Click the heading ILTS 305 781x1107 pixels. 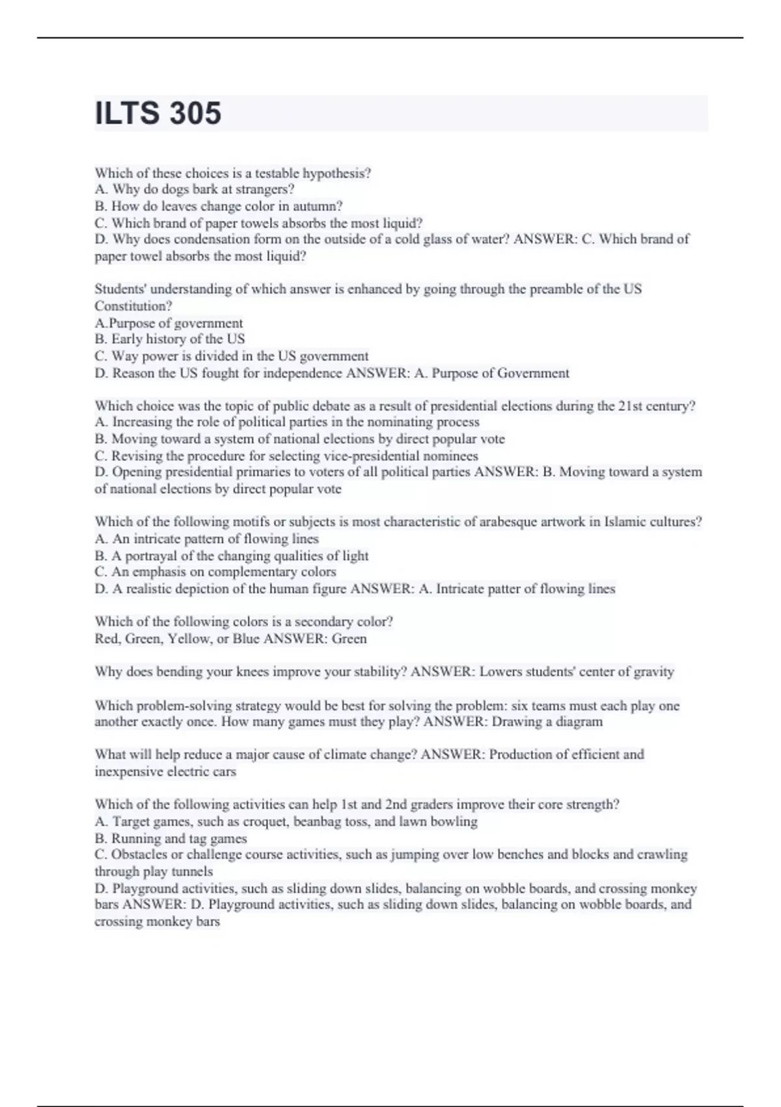158,113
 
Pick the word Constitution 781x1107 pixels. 133,306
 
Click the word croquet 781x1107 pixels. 265,822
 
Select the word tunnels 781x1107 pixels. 192,871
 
